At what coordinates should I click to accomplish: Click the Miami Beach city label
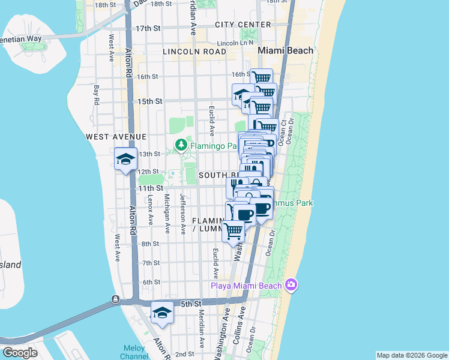(x=285, y=50)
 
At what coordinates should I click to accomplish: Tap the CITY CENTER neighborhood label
(x=243, y=25)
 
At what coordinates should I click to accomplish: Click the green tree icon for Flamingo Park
(x=180, y=145)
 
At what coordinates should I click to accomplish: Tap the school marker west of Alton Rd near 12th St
(x=126, y=160)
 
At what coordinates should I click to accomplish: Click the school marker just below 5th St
(x=162, y=313)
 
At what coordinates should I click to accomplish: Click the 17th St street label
(x=148, y=28)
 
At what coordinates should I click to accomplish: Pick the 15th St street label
(x=149, y=101)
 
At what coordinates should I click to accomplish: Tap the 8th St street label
(x=150, y=244)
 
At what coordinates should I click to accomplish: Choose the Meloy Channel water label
(x=134, y=352)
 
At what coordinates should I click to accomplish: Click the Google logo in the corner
(x=20, y=353)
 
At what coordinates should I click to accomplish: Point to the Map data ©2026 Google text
(x=411, y=355)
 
